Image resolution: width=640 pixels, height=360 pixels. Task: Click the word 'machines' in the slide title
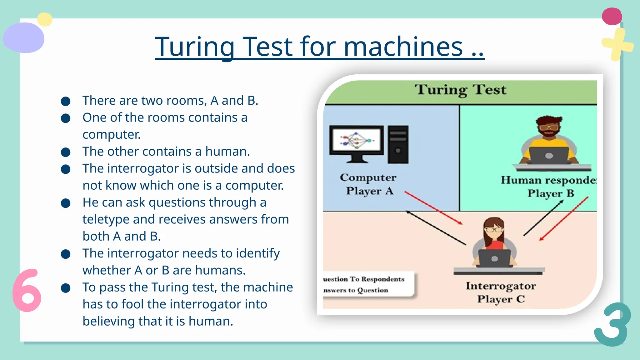[403, 47]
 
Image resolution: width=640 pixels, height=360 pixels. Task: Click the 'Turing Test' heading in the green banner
[460, 90]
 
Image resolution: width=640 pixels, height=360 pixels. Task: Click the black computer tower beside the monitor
[398, 144]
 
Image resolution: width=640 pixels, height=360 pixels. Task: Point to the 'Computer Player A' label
[368, 184]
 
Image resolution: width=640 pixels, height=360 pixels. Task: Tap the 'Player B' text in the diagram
[551, 193]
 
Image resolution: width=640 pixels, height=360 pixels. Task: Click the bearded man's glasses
[548, 127]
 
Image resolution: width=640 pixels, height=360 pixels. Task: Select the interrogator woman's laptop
[494, 258]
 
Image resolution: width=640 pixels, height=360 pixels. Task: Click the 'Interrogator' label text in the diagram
[501, 286]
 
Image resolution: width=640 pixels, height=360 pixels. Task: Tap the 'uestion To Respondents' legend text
[364, 279]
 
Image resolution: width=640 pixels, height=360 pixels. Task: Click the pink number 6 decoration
[27, 291]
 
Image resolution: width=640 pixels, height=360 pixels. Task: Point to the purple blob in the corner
[24, 38]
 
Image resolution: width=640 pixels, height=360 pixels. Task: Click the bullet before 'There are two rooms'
[66, 101]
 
